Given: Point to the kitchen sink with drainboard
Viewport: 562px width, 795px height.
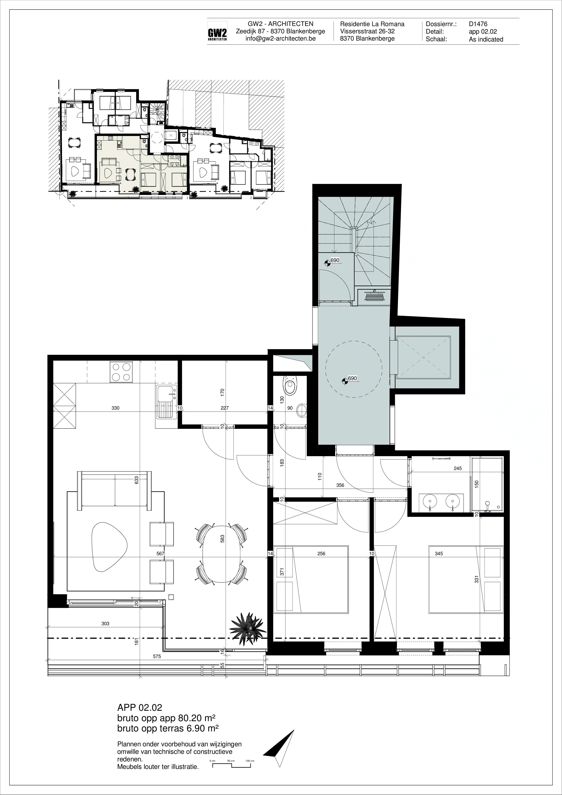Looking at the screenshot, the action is pyautogui.click(x=167, y=402).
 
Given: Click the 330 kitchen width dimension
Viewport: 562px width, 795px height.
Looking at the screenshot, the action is pyautogui.click(x=115, y=408).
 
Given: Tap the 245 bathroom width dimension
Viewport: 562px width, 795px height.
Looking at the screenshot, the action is pyautogui.click(x=458, y=469).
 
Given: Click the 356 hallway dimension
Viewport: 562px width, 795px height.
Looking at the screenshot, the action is pyautogui.click(x=340, y=486).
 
